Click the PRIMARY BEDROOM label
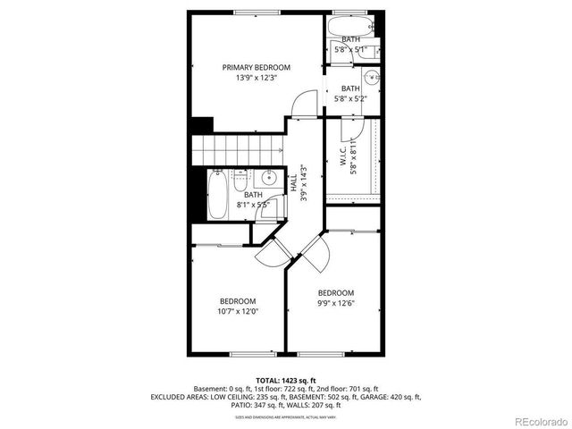(x=257, y=67)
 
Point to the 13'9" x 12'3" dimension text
(x=257, y=78)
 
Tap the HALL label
(x=293, y=182)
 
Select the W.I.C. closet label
(x=344, y=158)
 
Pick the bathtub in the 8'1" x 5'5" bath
(x=218, y=194)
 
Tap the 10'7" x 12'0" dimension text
(x=238, y=311)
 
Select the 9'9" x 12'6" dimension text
(x=336, y=304)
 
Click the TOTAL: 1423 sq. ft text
(x=286, y=380)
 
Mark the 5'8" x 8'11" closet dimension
(x=354, y=157)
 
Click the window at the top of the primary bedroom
(x=257, y=12)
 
